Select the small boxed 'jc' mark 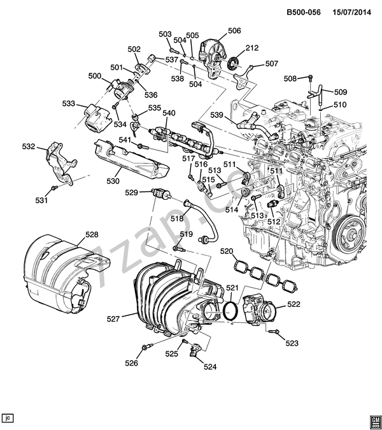pos(8,418)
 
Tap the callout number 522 pos(293,304)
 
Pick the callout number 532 pos(29,147)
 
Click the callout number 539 pos(216,115)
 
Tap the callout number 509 pos(341,91)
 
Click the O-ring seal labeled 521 pos(232,311)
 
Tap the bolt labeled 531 pos(56,189)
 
